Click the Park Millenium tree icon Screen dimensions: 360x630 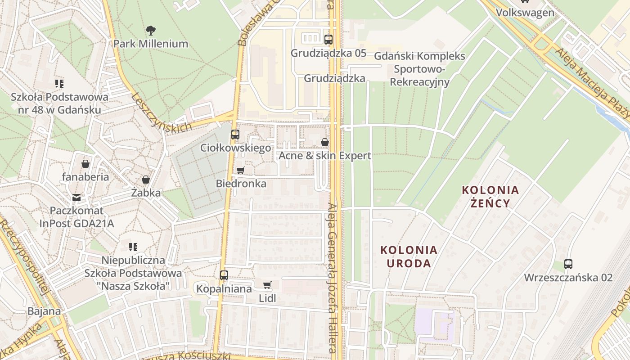151,31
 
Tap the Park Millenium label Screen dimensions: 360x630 151,44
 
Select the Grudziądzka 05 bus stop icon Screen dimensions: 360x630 328,40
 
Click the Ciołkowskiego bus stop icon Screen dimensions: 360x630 235,134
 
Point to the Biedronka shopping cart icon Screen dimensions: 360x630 241,170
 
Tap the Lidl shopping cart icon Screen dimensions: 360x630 267,284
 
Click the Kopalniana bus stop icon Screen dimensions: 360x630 224,275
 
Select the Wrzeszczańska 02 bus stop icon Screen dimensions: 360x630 568,264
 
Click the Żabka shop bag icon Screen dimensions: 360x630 146,180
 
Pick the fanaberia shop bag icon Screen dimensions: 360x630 85,164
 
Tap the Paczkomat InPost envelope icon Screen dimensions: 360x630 76,197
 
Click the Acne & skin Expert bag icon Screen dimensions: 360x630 325,142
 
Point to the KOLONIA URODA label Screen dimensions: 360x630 409,256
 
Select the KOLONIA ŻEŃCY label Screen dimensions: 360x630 490,196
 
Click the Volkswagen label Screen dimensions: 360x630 525,12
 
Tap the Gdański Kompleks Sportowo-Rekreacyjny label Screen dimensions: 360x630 420,69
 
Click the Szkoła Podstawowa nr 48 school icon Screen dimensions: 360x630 59,84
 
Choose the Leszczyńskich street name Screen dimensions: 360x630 162,113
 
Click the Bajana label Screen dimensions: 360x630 44,311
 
